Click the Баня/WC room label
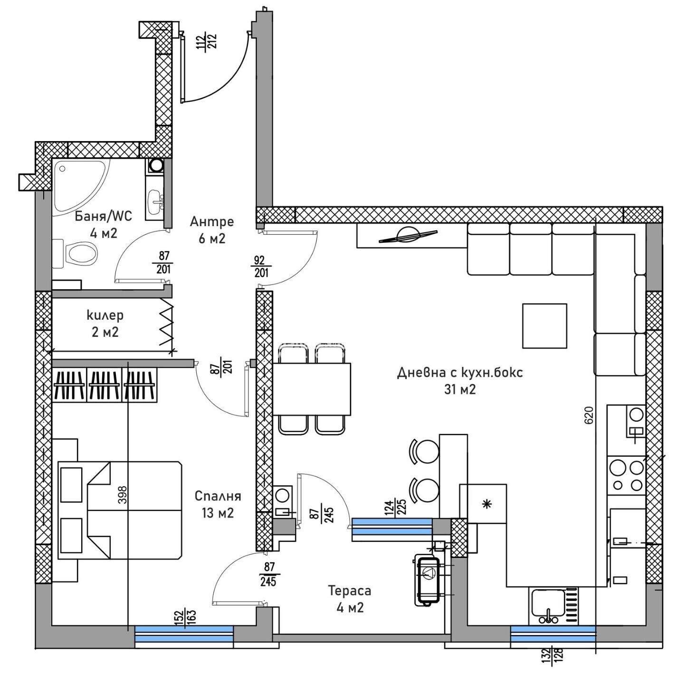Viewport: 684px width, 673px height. click(x=103, y=216)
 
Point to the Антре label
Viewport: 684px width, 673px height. click(x=212, y=221)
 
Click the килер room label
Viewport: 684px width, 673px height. click(x=105, y=315)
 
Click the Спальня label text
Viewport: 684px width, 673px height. click(x=218, y=496)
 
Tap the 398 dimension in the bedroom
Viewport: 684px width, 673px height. click(x=122, y=494)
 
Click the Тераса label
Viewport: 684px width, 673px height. click(x=350, y=591)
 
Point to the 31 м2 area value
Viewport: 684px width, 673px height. click(x=460, y=389)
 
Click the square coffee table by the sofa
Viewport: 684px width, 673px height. click(x=544, y=326)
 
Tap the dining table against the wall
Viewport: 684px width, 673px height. click(x=312, y=389)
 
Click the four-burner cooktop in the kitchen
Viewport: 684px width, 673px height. click(x=627, y=475)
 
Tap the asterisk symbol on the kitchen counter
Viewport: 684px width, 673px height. click(x=487, y=503)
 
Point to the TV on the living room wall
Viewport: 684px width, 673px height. click(x=408, y=237)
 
